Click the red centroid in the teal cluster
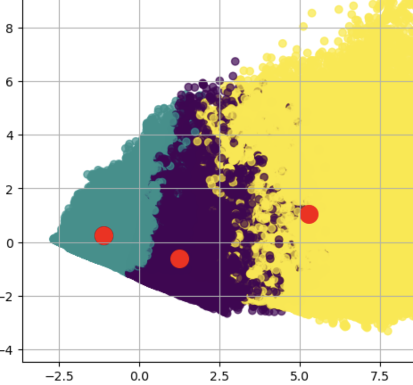coord(104,235)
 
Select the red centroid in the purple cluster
coord(180,258)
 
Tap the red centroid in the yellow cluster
coord(309,214)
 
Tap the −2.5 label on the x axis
coord(59,374)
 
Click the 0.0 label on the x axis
coord(139,374)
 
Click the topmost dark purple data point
coord(235,61)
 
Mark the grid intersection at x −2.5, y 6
coord(59,82)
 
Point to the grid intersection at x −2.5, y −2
coord(59,296)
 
